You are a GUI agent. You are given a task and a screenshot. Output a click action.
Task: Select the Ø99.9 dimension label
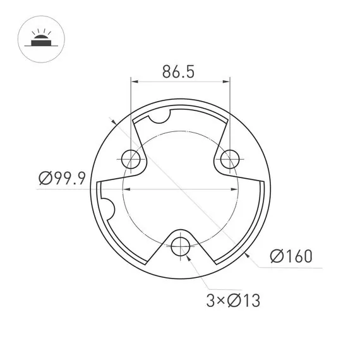(61, 179)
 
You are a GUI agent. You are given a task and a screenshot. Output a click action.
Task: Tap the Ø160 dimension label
(291, 256)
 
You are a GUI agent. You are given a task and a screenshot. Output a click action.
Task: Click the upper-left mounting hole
(131, 157)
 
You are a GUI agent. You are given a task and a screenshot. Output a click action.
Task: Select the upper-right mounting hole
(229, 157)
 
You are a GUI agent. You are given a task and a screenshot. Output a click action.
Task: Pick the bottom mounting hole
(181, 245)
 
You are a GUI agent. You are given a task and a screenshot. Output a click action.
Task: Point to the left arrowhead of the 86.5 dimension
(135, 81)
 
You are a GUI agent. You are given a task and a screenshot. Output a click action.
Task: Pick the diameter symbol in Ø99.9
(44, 179)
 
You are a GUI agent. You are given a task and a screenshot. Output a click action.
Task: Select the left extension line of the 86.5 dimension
(131, 114)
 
